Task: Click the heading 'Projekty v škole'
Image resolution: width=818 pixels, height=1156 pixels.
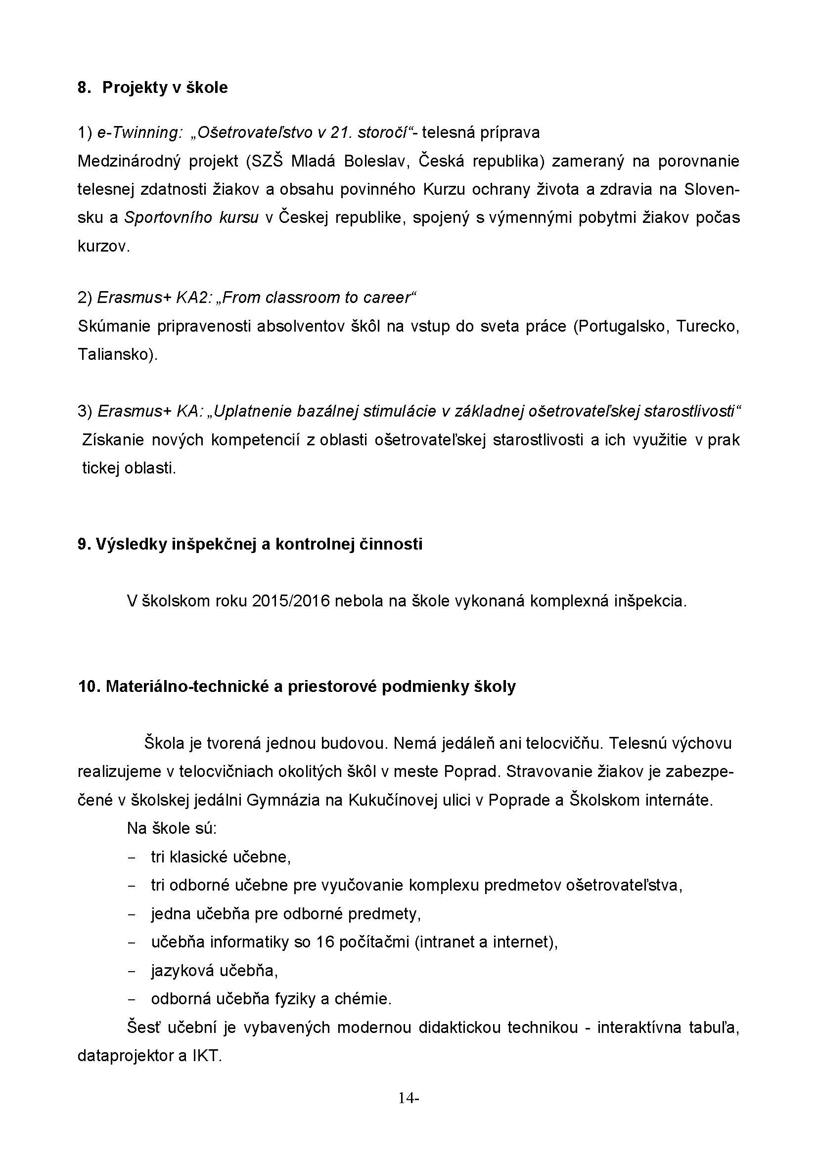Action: (165, 87)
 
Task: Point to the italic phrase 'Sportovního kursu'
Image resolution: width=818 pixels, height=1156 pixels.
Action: (191, 217)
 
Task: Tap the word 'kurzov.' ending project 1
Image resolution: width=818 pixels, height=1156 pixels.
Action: (104, 246)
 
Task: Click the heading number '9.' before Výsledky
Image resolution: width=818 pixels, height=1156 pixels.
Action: (84, 544)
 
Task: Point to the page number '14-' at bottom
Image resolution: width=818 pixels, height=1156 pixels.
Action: (409, 1098)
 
